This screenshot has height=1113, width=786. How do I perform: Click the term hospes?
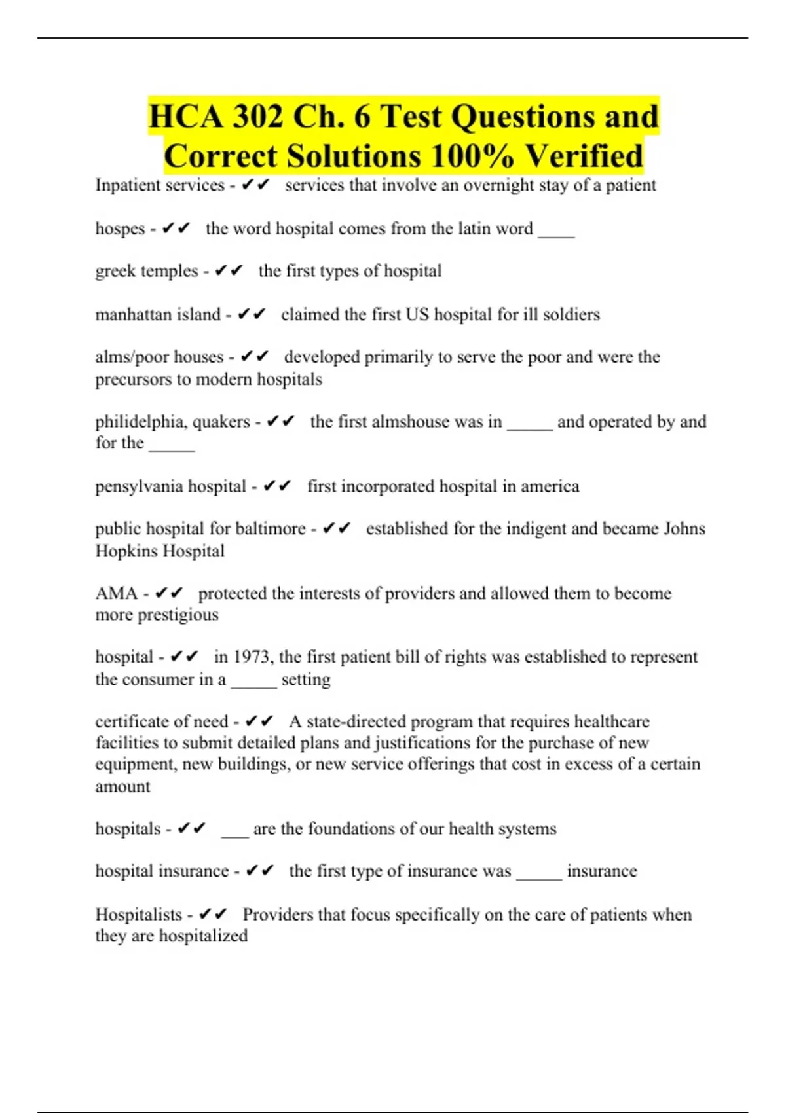pyautogui.click(x=120, y=228)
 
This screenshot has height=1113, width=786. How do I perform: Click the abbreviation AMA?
pyautogui.click(x=117, y=593)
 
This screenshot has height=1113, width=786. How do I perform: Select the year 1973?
pyautogui.click(x=252, y=657)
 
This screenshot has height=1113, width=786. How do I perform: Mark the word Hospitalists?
pyautogui.click(x=139, y=914)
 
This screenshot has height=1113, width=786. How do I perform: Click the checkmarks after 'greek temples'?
pyautogui.click(x=229, y=271)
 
